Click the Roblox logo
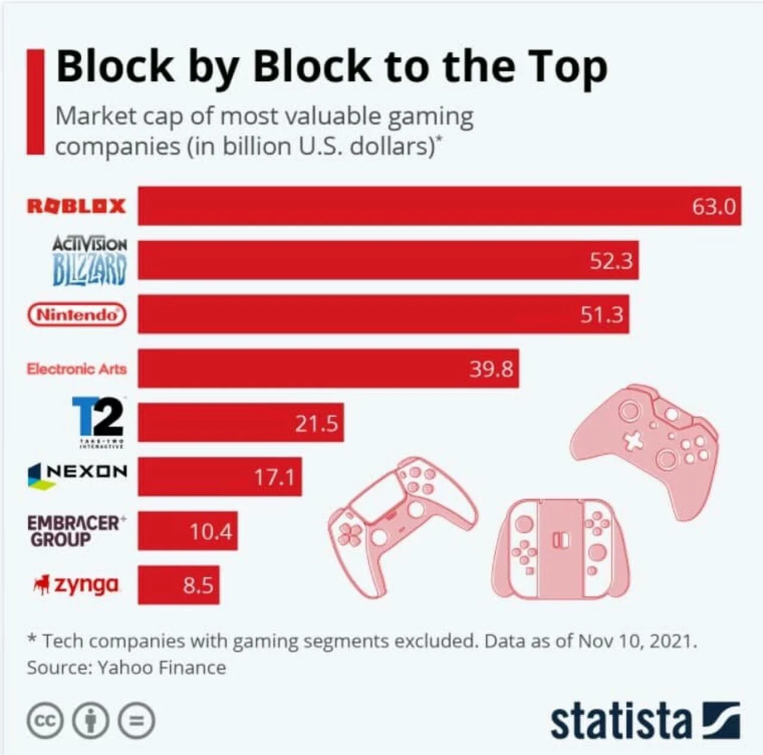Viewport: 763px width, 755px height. click(x=76, y=206)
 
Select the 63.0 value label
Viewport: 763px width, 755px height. click(x=714, y=207)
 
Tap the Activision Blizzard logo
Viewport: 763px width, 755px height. click(x=89, y=261)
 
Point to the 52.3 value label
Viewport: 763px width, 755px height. click(x=612, y=261)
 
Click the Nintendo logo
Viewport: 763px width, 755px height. click(x=77, y=315)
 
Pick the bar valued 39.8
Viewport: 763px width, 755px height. click(x=328, y=368)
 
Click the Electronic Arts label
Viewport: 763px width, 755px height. click(x=77, y=369)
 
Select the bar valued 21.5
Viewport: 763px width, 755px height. click(x=241, y=422)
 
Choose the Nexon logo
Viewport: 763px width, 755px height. click(x=77, y=475)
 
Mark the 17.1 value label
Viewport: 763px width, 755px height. click(x=274, y=477)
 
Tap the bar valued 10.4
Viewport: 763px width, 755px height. click(x=188, y=531)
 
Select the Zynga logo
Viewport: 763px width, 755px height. click(x=76, y=584)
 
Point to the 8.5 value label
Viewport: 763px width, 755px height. click(x=198, y=586)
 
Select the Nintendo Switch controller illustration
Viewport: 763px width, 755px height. click(x=561, y=550)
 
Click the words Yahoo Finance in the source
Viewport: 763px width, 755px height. click(x=162, y=667)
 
